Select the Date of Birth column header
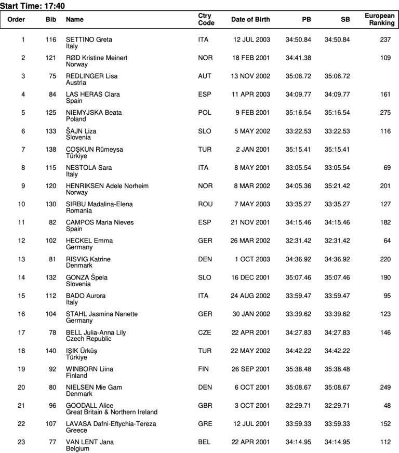tap(250, 20)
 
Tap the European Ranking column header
tap(379, 20)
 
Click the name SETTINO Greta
tap(89, 39)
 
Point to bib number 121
tap(50, 58)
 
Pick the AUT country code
tap(205, 76)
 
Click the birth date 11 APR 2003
tap(250, 95)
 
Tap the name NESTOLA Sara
tap(89, 168)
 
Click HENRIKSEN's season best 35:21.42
tap(337, 186)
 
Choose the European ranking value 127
tap(384, 204)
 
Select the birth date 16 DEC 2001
tap(250, 277)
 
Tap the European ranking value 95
tap(386, 296)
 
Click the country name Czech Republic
tap(88, 339)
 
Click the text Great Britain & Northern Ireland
tap(111, 412)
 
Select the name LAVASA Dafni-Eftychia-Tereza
tap(111, 424)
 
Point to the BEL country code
tap(204, 442)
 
